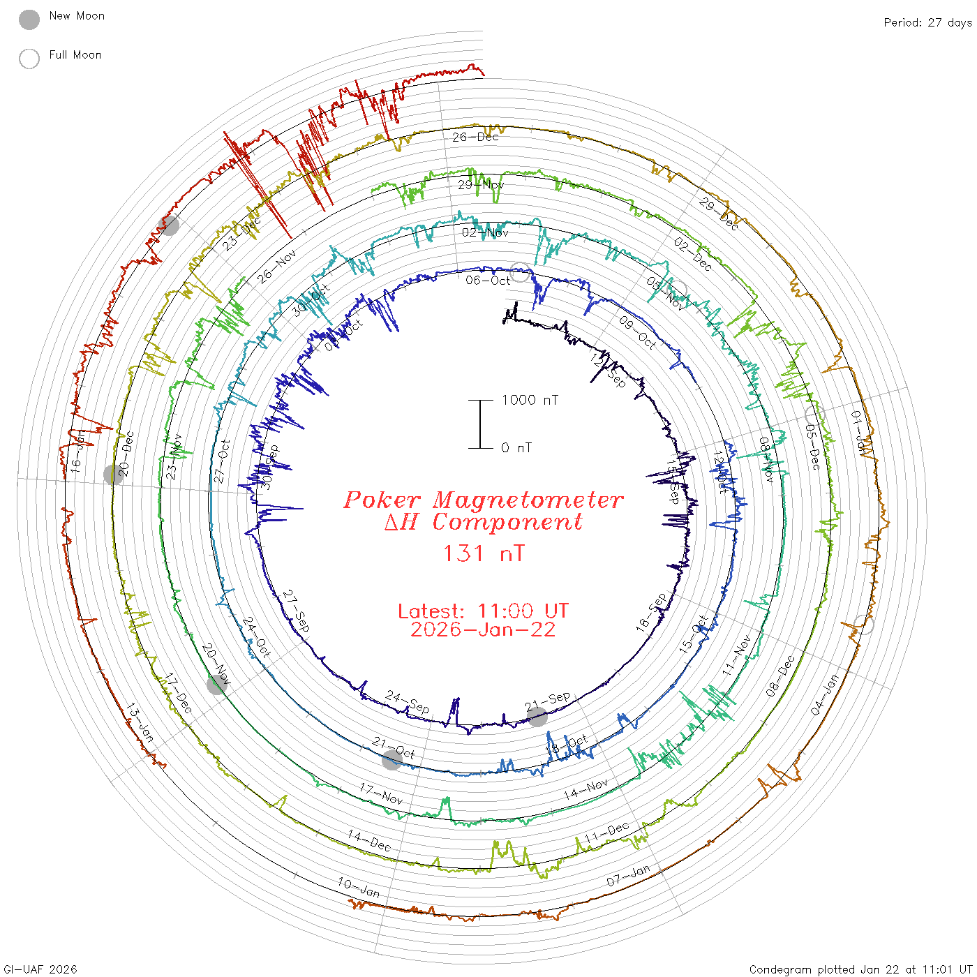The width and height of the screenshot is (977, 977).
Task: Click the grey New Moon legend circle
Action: click(x=29, y=20)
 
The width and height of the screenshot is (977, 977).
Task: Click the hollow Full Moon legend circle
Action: click(x=29, y=59)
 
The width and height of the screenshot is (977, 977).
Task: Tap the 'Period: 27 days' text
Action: click(x=927, y=22)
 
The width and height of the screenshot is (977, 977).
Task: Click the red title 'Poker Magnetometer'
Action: click(x=483, y=500)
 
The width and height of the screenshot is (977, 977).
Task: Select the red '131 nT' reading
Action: click(x=484, y=553)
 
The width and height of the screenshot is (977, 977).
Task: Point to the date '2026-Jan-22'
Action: click(x=483, y=629)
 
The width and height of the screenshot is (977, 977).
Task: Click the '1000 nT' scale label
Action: click(x=530, y=400)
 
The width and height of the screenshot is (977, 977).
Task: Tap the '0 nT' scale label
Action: click(x=516, y=447)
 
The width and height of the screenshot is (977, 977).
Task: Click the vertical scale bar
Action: click(x=480, y=424)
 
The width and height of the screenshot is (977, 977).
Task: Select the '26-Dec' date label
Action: click(x=475, y=137)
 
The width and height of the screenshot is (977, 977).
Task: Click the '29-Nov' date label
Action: click(x=481, y=185)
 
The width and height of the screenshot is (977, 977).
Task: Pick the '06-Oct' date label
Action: click(x=488, y=280)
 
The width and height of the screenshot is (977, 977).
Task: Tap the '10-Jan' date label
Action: click(x=359, y=887)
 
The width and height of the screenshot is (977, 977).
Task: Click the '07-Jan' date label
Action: click(x=628, y=875)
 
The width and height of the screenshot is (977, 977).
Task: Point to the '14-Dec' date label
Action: click(x=369, y=840)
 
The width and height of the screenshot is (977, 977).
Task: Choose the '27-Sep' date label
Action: click(x=296, y=611)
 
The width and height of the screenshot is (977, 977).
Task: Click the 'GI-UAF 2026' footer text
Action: click(x=39, y=969)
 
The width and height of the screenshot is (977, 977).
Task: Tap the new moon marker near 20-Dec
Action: click(x=113, y=475)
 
